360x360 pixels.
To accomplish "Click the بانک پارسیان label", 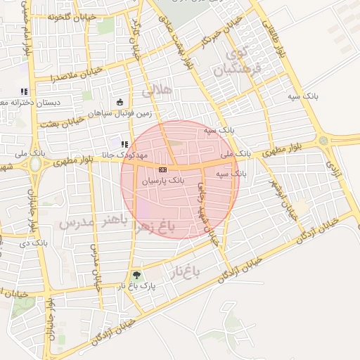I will click(x=162, y=181).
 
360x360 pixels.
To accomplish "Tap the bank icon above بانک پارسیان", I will click(x=163, y=169).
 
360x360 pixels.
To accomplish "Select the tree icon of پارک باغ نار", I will click(x=136, y=275).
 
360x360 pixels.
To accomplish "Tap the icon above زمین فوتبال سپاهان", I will click(x=120, y=101).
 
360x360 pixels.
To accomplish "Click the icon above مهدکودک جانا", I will click(x=124, y=144).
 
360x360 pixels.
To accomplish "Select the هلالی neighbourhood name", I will click(x=156, y=91).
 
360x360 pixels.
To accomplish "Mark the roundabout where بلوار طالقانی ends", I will click(x=323, y=140).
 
